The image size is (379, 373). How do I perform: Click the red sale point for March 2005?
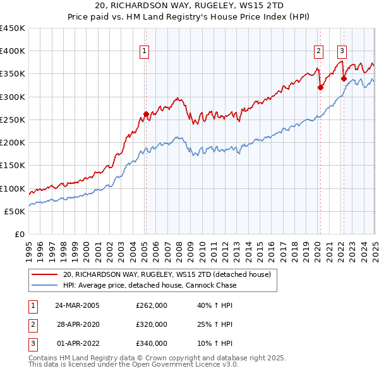pos(146,114)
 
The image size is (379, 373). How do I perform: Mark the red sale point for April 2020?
pos(320,88)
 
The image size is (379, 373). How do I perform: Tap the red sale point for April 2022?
pos(344,79)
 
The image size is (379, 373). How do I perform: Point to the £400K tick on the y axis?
pos(13,51)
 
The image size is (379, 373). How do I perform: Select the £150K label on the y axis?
pos(13,166)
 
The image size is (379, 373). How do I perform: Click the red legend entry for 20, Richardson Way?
pos(167,274)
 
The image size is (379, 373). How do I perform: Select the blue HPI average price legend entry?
pos(150,285)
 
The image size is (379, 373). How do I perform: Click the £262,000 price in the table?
pos(152,305)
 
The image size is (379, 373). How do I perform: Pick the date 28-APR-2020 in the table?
pos(78,324)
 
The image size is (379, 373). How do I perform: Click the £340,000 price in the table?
pos(152,343)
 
